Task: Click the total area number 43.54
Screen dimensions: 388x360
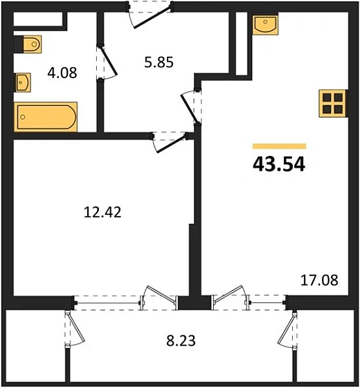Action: [x=280, y=164]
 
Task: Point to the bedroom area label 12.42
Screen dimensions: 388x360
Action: [x=102, y=213]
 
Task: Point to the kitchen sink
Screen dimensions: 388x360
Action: [x=266, y=24]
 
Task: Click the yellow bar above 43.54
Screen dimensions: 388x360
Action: [x=280, y=147]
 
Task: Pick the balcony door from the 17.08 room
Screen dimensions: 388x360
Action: [x=232, y=299]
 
